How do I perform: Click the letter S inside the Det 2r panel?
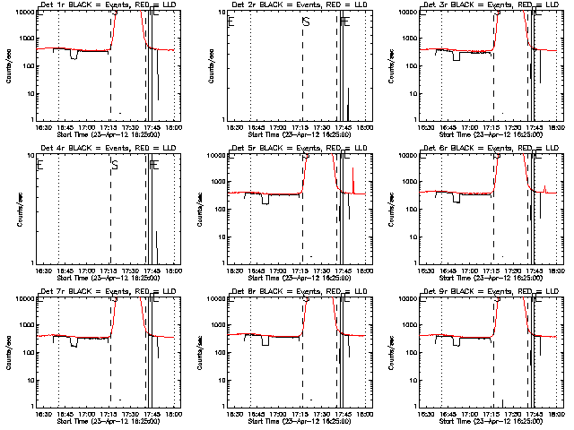tap(306, 21)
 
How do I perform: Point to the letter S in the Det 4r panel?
tap(114, 165)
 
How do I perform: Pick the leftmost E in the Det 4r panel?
tap(40, 165)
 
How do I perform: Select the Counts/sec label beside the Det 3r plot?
tap(405, 65)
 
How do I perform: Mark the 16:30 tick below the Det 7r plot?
tap(41, 412)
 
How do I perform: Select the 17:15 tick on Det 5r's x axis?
tap(302, 269)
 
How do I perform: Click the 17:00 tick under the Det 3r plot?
tap(474, 125)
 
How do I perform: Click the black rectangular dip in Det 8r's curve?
tap(265, 340)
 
